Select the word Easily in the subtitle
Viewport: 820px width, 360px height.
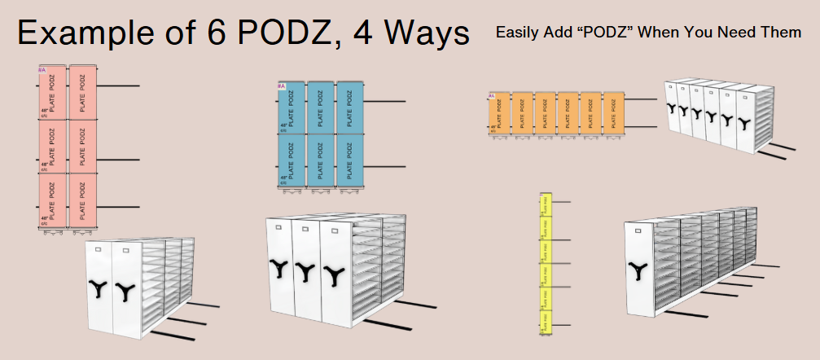click(516, 33)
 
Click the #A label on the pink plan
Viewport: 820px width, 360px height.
click(42, 70)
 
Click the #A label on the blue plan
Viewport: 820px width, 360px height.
click(281, 86)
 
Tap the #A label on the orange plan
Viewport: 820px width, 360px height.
click(491, 96)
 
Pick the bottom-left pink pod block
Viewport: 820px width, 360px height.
click(51, 199)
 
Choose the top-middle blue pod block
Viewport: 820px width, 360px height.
click(320, 107)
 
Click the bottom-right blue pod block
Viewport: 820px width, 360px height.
click(349, 160)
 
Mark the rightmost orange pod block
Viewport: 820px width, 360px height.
click(613, 112)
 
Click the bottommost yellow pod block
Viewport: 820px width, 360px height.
click(546, 322)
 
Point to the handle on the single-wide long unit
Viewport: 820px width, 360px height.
click(635, 268)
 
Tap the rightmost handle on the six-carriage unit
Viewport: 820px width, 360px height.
click(746, 121)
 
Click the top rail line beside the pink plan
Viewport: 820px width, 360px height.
click(118, 86)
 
